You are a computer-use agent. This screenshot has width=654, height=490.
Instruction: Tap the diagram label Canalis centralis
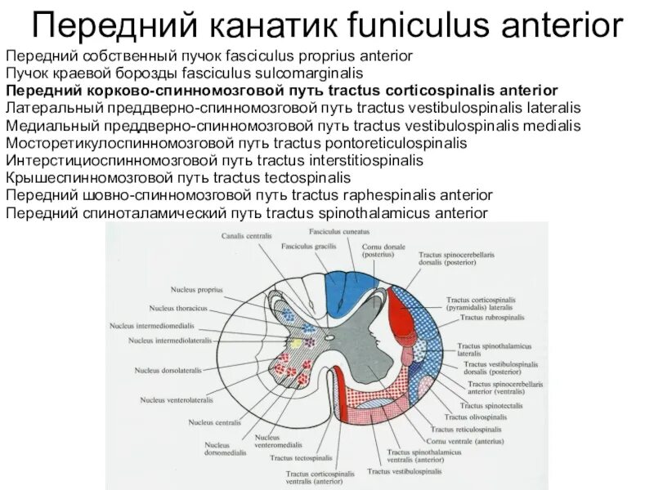pos(247,237)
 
